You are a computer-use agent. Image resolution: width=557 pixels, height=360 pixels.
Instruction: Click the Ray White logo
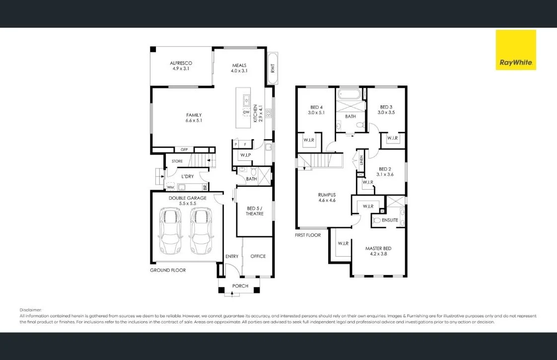click(516, 50)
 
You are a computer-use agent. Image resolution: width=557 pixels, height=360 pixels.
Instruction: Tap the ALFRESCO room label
click(181, 63)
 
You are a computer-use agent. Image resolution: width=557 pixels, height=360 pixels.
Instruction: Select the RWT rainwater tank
click(273, 68)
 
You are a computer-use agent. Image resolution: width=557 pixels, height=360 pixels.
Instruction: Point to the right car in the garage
click(201, 231)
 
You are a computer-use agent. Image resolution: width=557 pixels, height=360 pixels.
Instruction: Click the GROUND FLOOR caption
click(168, 270)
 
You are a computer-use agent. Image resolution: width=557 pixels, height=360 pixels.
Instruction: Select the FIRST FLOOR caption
click(308, 235)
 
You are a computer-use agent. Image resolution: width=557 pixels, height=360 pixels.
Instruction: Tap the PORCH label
click(240, 286)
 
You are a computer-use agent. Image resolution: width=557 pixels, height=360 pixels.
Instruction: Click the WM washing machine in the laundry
click(170, 187)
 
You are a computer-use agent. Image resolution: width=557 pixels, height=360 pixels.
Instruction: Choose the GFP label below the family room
click(184, 149)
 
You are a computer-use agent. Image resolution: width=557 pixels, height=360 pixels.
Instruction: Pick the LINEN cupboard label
click(361, 160)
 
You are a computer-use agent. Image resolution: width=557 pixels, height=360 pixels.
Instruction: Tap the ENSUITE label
click(390, 219)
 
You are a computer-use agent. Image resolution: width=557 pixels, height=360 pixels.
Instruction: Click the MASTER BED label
click(378, 248)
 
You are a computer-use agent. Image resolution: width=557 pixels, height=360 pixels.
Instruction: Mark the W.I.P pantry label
click(245, 155)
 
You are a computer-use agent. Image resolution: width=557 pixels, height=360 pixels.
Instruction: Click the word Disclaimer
click(31, 309)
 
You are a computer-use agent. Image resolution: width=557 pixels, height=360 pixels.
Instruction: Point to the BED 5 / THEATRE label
click(255, 211)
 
